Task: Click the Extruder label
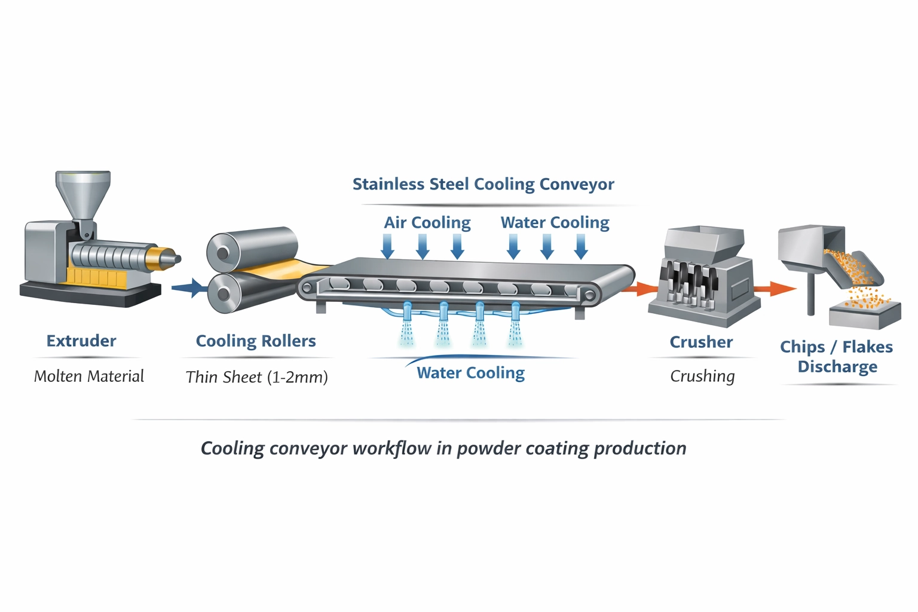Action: pyautogui.click(x=81, y=341)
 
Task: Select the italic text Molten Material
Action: pyautogui.click(x=89, y=376)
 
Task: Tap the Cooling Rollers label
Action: pyautogui.click(x=256, y=341)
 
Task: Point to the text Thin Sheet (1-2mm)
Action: pyautogui.click(x=256, y=377)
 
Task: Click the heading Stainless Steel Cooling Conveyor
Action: pyautogui.click(x=483, y=184)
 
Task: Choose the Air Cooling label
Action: pyautogui.click(x=427, y=222)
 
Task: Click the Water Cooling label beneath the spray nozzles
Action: pyautogui.click(x=470, y=373)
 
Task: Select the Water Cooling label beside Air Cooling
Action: pyautogui.click(x=555, y=222)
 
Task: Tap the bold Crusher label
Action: pyautogui.click(x=701, y=342)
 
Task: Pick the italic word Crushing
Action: pyautogui.click(x=702, y=376)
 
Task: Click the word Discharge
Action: pyautogui.click(x=837, y=366)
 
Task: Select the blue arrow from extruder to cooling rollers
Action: pyautogui.click(x=189, y=288)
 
